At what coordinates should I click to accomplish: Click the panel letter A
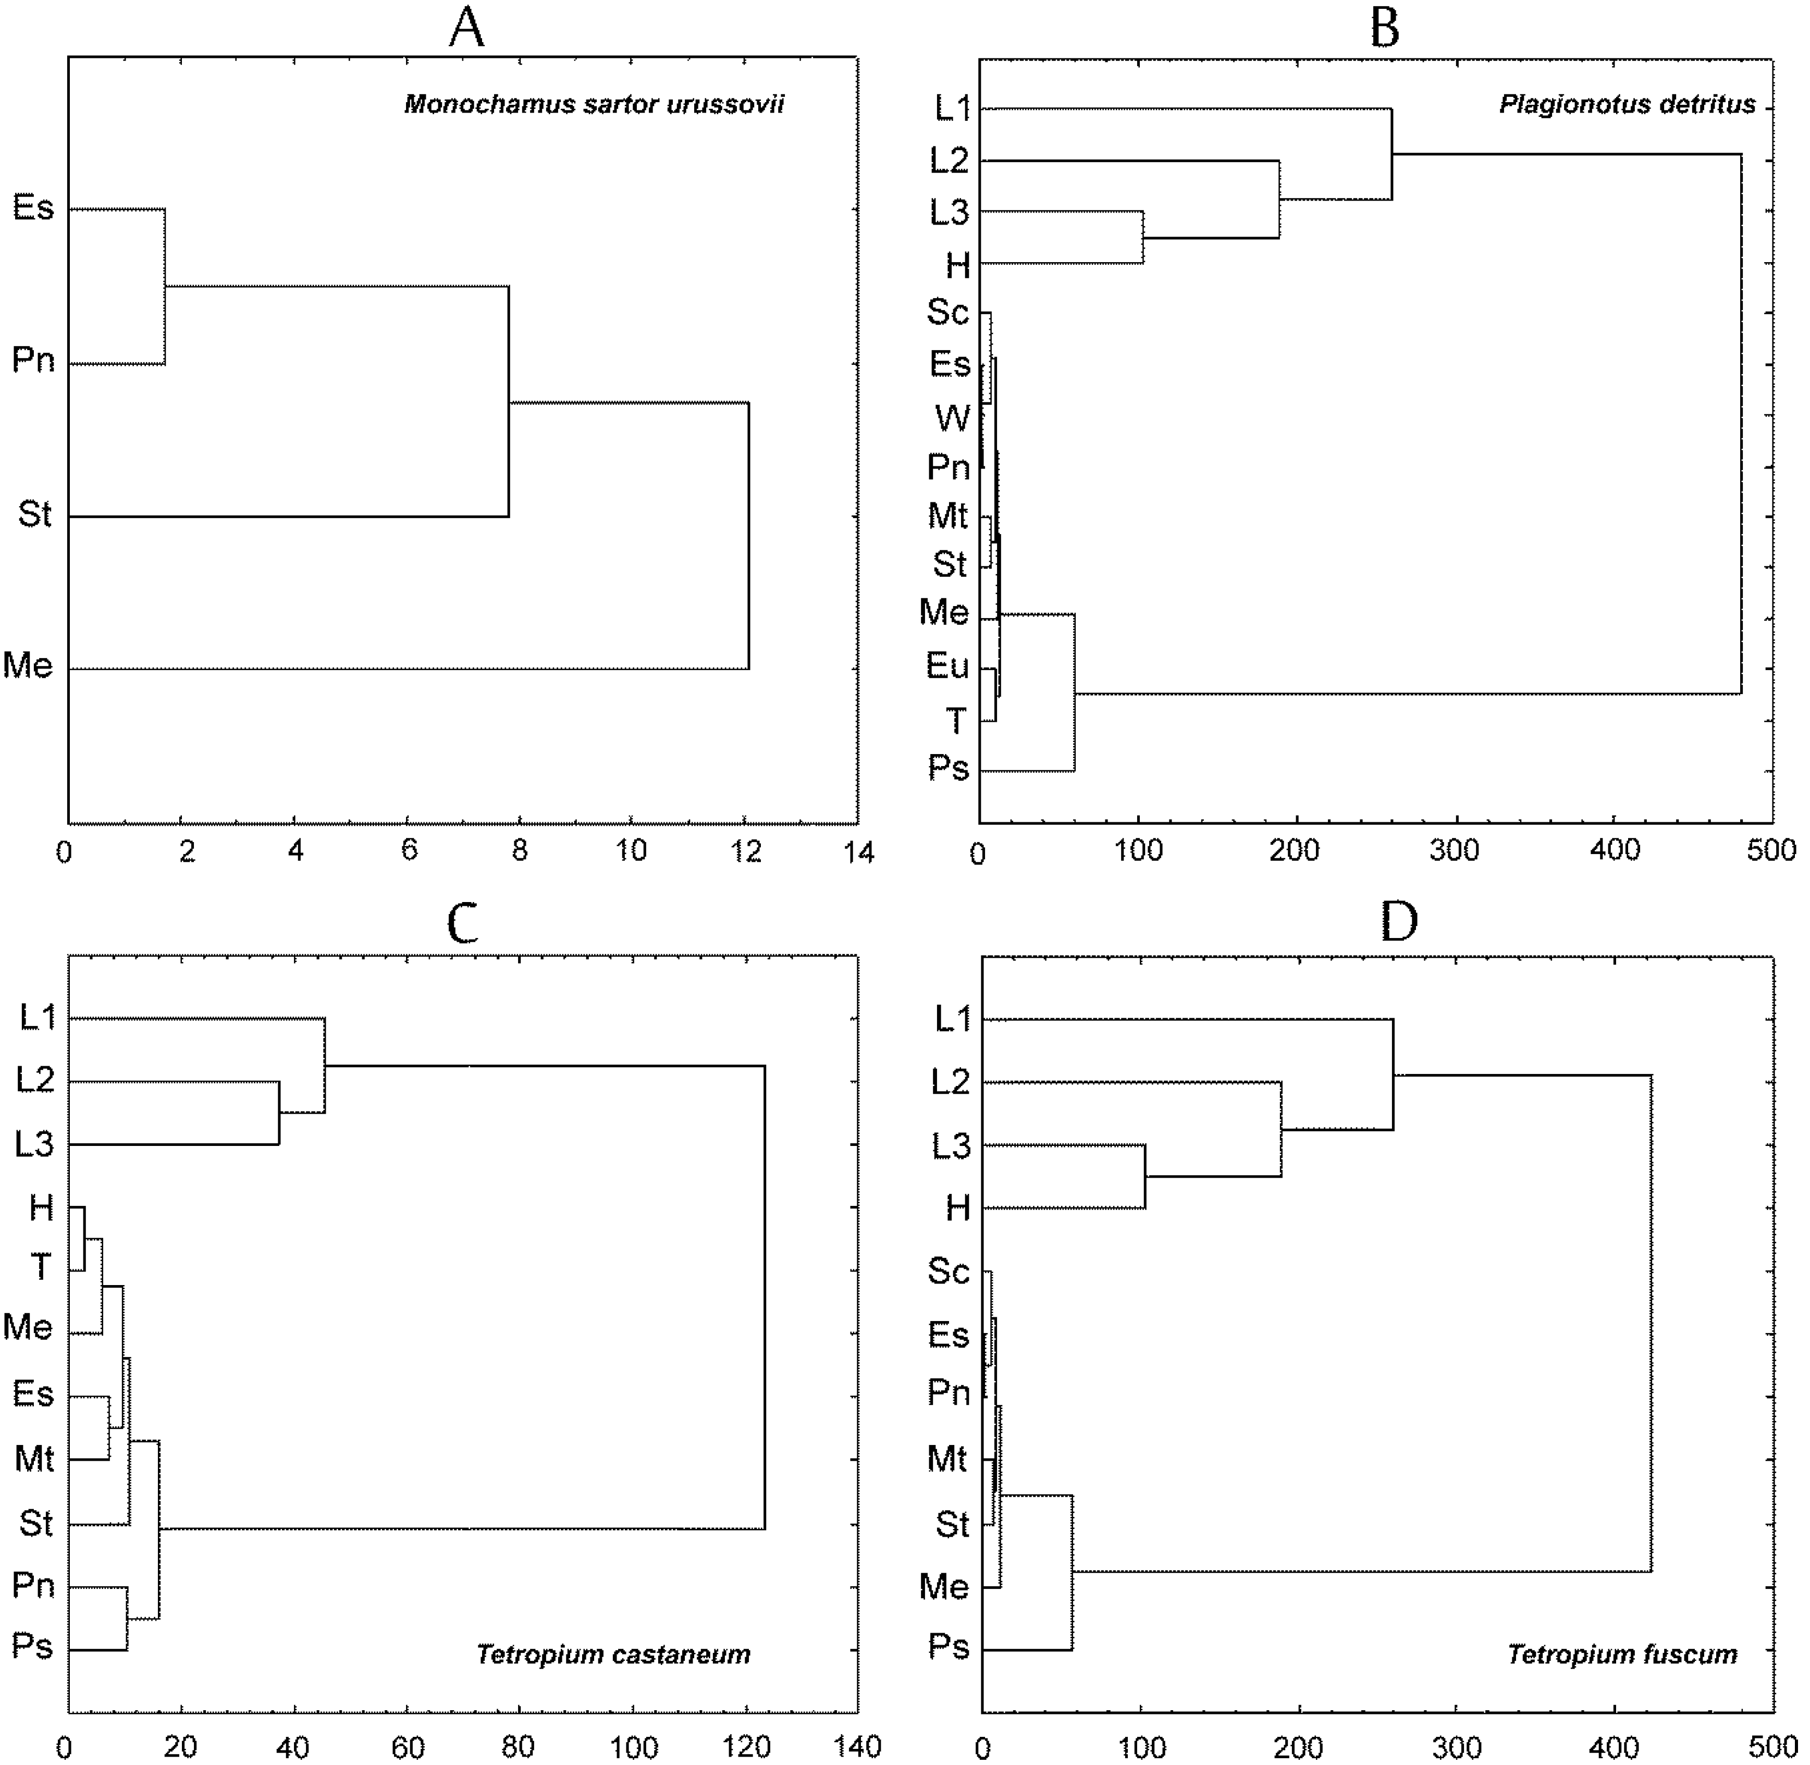[x=466, y=28]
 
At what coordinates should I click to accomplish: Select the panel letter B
[x=1384, y=28]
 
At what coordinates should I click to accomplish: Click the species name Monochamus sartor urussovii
[x=594, y=104]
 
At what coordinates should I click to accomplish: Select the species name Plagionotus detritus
[x=1627, y=104]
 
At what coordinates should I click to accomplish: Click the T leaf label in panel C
[x=41, y=1266]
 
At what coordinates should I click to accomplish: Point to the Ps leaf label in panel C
[x=32, y=1646]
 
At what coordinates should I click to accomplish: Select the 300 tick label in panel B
[x=1454, y=850]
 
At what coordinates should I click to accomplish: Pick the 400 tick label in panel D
[x=1615, y=1746]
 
